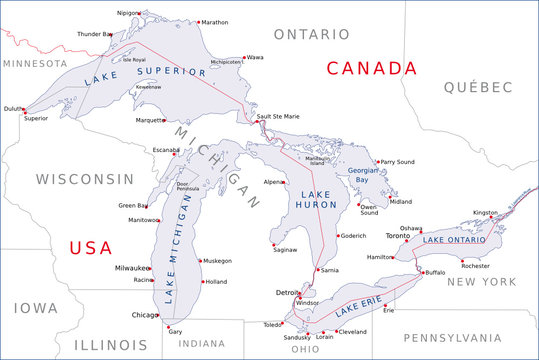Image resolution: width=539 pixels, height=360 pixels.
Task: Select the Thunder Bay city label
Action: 94,34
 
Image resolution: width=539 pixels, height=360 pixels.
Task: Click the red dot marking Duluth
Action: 25,111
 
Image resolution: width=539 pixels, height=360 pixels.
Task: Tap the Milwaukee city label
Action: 131,268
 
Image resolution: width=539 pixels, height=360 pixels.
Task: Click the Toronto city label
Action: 398,236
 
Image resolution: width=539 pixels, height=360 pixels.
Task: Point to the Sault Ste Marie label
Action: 278,117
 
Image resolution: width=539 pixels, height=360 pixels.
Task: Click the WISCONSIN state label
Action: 85,179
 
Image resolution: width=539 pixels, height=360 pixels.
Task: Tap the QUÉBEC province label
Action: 479,87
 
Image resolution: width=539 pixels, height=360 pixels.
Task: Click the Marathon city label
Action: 214,22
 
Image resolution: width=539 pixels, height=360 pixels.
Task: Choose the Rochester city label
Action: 477,267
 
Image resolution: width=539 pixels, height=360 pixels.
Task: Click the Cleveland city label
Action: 353,331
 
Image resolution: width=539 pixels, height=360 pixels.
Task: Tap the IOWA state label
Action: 35,308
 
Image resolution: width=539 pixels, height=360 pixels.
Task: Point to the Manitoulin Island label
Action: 317,161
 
